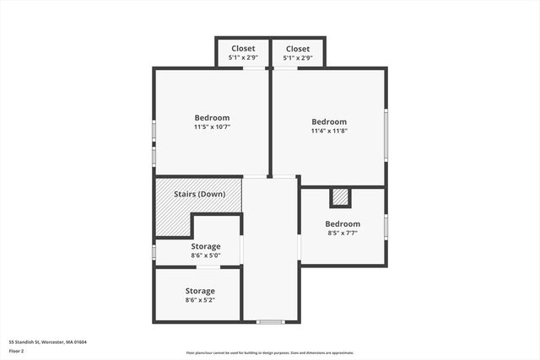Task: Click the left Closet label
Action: pyautogui.click(x=243, y=49)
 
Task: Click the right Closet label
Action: pyautogui.click(x=297, y=49)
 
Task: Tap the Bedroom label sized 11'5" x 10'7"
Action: pyautogui.click(x=212, y=118)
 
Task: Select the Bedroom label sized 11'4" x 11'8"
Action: pyautogui.click(x=328, y=122)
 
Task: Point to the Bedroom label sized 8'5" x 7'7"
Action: pyautogui.click(x=343, y=223)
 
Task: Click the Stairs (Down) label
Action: pyautogui.click(x=199, y=194)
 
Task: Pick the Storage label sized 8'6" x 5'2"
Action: pyautogui.click(x=200, y=291)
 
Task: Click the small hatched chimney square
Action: pyautogui.click(x=341, y=196)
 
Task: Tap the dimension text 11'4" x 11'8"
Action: pyautogui.click(x=328, y=132)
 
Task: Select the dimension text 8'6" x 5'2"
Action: pyautogui.click(x=200, y=300)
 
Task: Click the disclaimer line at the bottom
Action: pyautogui.click(x=269, y=353)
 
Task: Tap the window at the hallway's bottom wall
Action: pyautogui.click(x=270, y=321)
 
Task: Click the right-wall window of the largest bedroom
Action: pyautogui.click(x=386, y=135)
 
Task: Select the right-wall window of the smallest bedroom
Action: pyautogui.click(x=386, y=226)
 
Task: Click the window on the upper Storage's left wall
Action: pyautogui.click(x=154, y=251)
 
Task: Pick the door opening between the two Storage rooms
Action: pyautogui.click(x=209, y=266)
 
